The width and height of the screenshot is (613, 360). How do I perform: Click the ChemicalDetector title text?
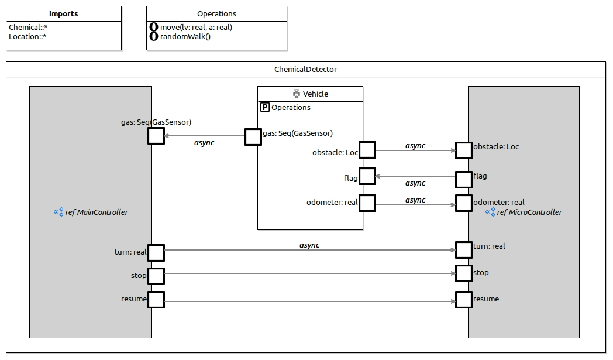point(305,69)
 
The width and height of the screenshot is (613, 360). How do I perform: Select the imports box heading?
point(64,13)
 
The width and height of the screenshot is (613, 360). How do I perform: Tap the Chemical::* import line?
point(28,27)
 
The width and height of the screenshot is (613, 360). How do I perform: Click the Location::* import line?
point(28,36)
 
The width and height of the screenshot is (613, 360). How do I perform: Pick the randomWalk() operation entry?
point(185,36)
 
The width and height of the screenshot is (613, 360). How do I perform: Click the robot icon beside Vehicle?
point(297,94)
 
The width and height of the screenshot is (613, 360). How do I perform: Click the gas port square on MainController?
point(156,136)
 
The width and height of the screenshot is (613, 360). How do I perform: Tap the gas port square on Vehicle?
point(253,136)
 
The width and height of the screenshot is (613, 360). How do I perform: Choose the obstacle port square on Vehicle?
point(367,150)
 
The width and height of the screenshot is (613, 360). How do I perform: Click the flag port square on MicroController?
point(464,179)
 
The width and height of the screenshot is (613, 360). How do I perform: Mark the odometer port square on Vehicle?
point(367,203)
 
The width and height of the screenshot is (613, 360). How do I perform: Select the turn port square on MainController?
point(156,253)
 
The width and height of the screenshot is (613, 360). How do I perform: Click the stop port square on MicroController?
point(464,273)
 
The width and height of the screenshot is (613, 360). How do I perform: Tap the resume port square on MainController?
point(156,300)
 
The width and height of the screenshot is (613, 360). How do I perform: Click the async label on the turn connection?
point(309,245)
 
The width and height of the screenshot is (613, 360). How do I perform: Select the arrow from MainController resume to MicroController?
point(310,301)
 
